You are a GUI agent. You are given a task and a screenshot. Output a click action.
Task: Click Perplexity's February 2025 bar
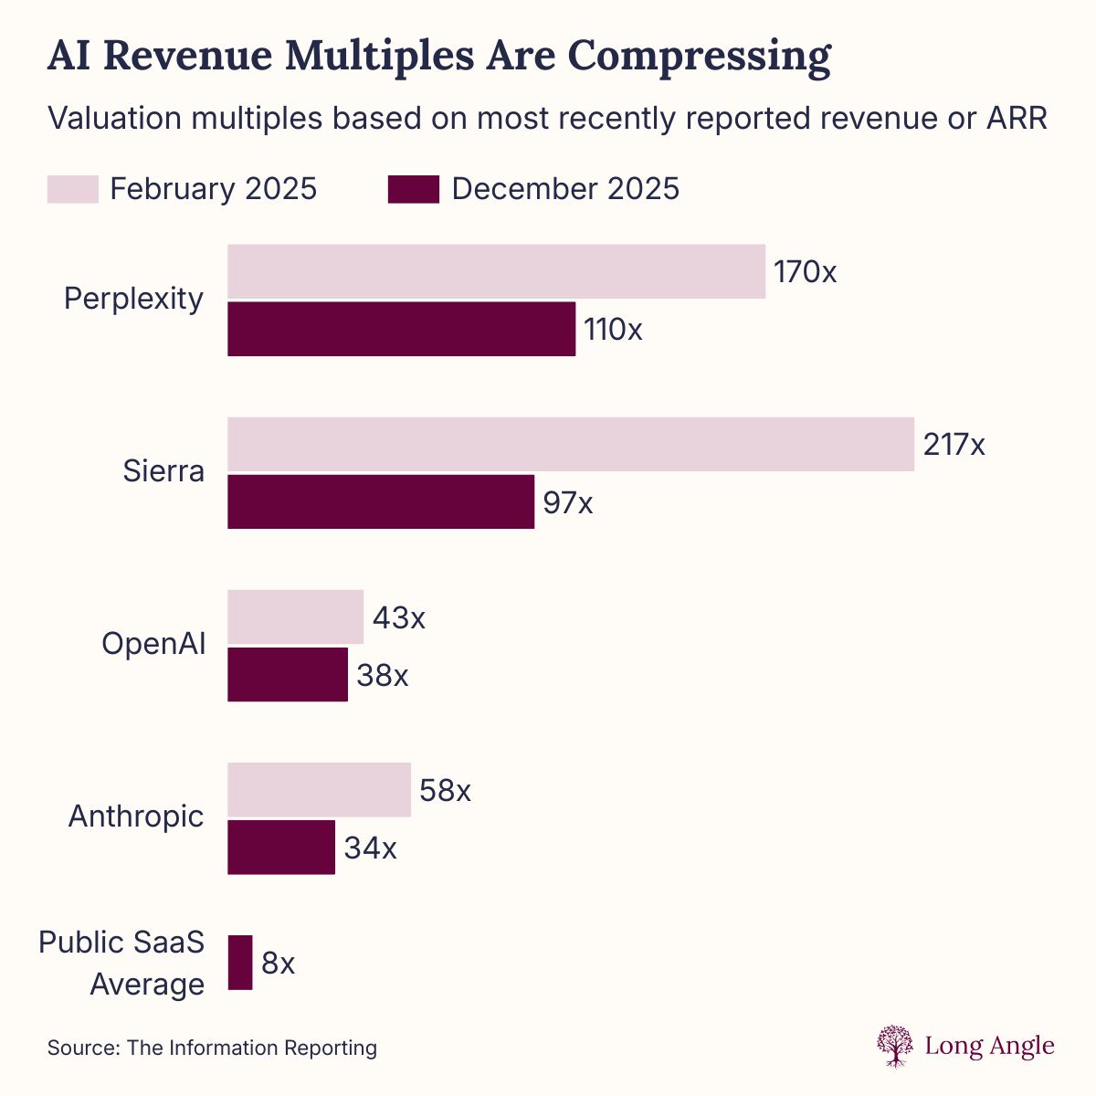pos(496,271)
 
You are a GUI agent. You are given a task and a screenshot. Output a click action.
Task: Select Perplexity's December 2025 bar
pos(401,329)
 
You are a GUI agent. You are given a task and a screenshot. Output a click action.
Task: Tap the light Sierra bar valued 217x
pos(571,445)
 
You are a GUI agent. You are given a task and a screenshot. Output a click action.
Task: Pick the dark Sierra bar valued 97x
pos(381,501)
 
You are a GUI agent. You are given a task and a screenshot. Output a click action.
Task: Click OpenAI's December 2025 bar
pos(288,675)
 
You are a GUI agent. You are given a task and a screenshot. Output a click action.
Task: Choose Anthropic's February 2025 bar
pos(319,790)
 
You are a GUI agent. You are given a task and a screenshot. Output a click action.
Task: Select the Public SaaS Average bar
pos(240,963)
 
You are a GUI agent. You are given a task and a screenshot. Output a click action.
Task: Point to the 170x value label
pos(805,272)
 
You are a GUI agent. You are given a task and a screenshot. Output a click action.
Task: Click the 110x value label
pos(613,330)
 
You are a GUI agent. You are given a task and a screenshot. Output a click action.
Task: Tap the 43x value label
pos(398,618)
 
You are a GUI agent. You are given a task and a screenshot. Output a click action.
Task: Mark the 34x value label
pos(370,848)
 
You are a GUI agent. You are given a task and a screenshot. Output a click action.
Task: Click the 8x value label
pos(278,964)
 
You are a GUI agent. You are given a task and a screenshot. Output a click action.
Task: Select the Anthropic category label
pos(136,816)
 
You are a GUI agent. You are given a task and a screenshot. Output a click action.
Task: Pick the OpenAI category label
pos(153,643)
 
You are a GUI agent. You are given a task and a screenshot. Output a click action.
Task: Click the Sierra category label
pos(163,471)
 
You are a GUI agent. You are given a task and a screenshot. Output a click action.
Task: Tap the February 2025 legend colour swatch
pos(72,189)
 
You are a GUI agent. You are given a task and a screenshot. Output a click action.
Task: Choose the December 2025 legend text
pos(565,189)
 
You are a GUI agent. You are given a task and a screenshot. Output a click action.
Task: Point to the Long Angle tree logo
pos(895,1046)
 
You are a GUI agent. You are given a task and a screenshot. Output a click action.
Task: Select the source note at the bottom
pos(212,1048)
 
